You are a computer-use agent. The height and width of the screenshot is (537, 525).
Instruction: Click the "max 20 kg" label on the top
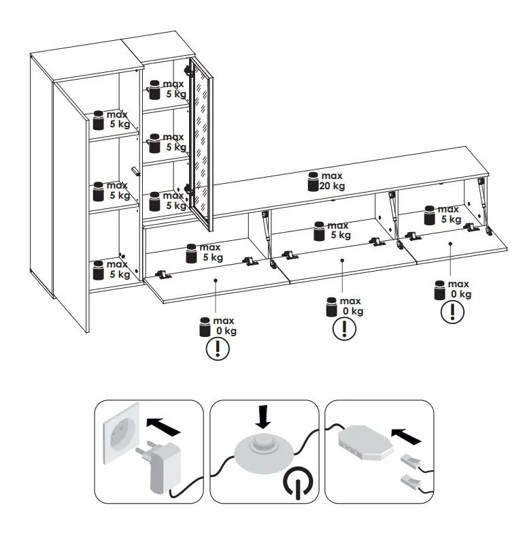pos(332,181)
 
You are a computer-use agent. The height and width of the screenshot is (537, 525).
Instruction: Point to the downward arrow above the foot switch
pos(263,417)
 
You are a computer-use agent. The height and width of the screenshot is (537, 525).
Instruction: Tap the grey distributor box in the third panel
pos(365,442)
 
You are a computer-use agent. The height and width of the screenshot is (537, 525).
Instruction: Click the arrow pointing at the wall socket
pos(163,426)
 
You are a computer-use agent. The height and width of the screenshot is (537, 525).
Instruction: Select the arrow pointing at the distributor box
pos(406,436)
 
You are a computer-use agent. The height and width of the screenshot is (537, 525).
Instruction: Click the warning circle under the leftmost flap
pos(218,349)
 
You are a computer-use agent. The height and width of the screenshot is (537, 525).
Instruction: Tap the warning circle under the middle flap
pos(344,329)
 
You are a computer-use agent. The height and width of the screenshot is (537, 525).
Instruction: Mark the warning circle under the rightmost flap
pos(452,312)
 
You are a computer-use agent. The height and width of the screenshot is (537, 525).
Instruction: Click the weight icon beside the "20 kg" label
pos(313,182)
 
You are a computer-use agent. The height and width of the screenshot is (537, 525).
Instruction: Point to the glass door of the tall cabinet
pos(201,144)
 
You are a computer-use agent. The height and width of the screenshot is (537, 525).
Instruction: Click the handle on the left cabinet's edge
pos(136,172)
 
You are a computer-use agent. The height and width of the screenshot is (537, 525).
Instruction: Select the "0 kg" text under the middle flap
pos(353,311)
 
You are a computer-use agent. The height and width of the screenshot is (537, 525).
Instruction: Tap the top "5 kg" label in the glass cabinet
pos(176,94)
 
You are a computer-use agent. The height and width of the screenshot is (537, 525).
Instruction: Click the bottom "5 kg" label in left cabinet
pos(120,274)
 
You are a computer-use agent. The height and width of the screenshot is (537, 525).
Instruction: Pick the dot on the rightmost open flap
pos(451,244)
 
